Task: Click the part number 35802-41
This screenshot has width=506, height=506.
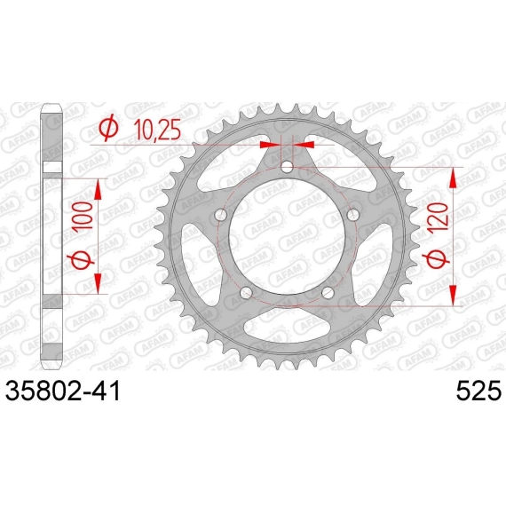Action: (x=63, y=391)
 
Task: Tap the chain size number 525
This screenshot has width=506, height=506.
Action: (x=478, y=391)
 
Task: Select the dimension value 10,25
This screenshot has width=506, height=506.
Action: (x=157, y=130)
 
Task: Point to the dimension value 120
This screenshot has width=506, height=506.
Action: (x=438, y=217)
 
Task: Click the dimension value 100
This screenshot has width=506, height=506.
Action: (x=83, y=216)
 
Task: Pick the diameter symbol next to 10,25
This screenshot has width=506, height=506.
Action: (x=108, y=128)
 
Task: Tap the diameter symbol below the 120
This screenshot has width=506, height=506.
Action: (x=438, y=257)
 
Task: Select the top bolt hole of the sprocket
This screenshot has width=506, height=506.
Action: (x=287, y=167)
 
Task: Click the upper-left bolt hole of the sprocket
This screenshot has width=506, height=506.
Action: (x=221, y=215)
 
